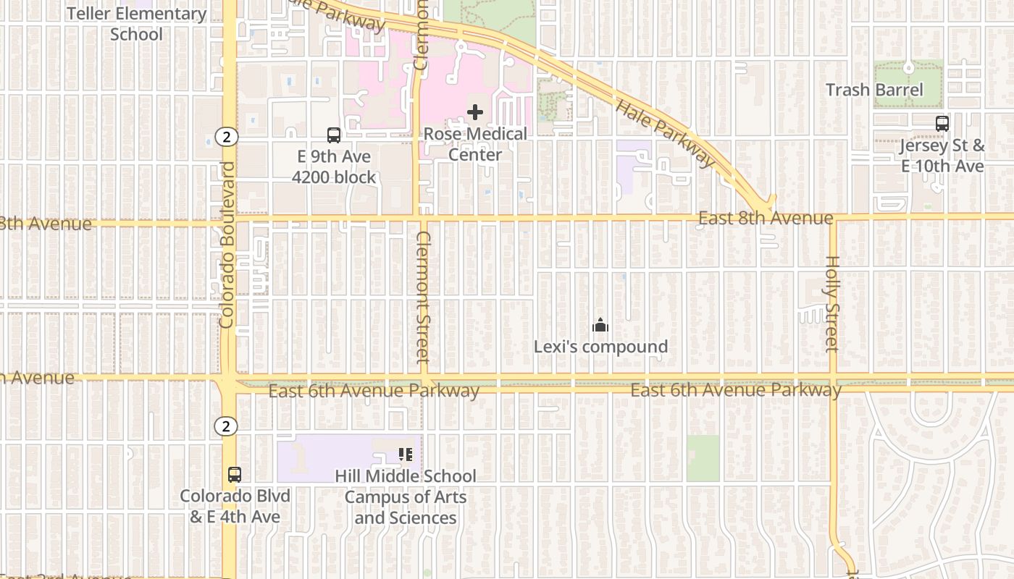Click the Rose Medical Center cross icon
pos(475,112)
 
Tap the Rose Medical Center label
pos(475,144)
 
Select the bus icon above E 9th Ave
pos(334,135)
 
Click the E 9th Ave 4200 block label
pos(334,166)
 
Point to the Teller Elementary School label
pos(137,23)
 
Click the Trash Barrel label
pos(874,90)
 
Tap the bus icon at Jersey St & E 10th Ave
pos(942,123)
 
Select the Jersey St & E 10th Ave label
pos(942,156)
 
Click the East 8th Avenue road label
pos(766,218)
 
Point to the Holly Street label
pos(831,304)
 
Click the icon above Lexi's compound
pos(600,326)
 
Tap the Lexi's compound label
pos(600,347)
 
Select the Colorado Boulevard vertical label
pos(227,245)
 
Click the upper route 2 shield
pos(227,136)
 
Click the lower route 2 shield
pos(226,426)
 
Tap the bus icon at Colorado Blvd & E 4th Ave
pos(235,475)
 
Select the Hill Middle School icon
pos(406,455)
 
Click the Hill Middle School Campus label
pos(406,496)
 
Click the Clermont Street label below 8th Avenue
pos(424,297)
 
